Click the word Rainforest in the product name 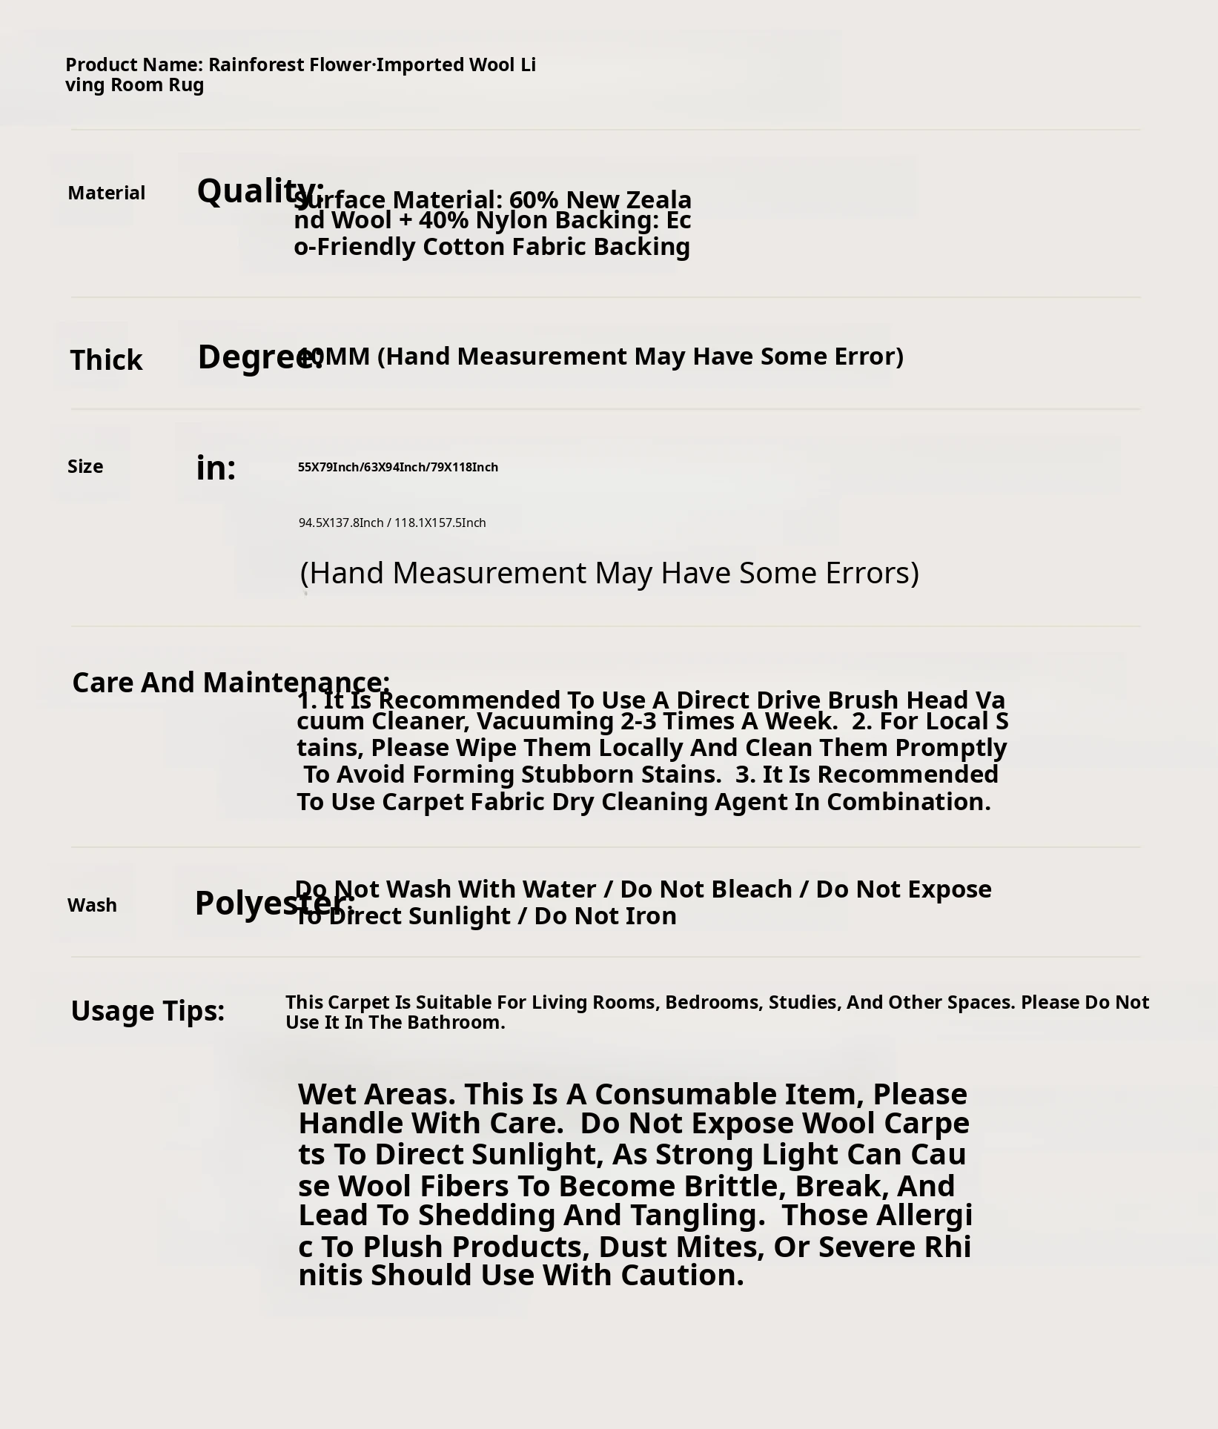pyautogui.click(x=256, y=64)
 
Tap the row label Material pyautogui.click(x=106, y=193)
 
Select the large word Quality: pyautogui.click(x=259, y=190)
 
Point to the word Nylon pyautogui.click(x=507, y=220)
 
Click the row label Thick pyautogui.click(x=106, y=360)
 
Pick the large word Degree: pyautogui.click(x=259, y=357)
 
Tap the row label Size pyautogui.click(x=85, y=467)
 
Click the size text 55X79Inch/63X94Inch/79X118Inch pyautogui.click(x=398, y=467)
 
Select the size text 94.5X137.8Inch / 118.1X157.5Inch pyautogui.click(x=392, y=523)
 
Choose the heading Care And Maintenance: pyautogui.click(x=231, y=682)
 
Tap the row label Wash pyautogui.click(x=92, y=906)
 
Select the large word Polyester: pyautogui.click(x=274, y=903)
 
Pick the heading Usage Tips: pyautogui.click(x=148, y=1011)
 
